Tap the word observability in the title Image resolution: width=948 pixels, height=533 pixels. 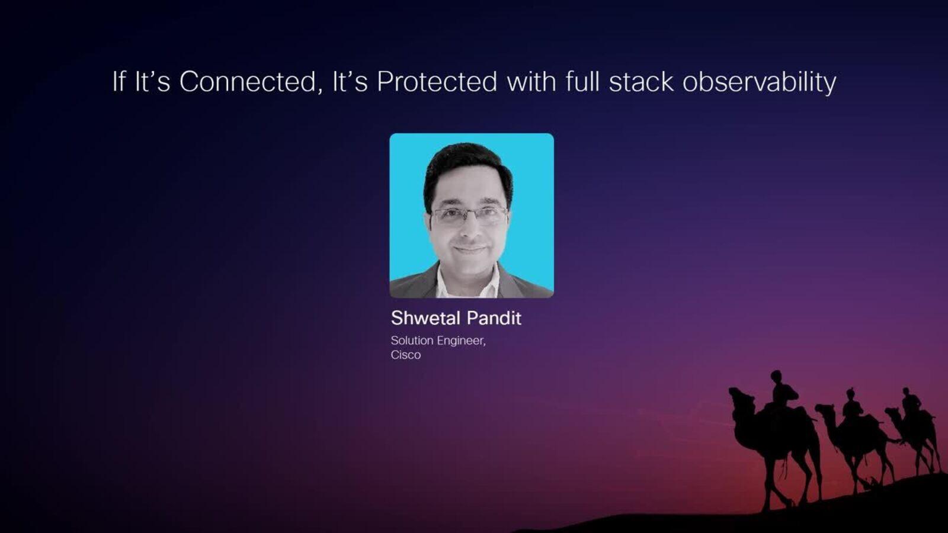point(759,82)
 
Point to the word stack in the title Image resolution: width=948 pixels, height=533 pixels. point(641,82)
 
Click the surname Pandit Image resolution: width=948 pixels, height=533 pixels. point(494,317)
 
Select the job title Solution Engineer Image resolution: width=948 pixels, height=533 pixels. point(438,341)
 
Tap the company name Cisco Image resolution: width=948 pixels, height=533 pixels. point(405,355)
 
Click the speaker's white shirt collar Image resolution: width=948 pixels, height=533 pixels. point(467,281)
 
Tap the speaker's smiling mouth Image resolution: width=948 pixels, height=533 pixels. point(469,249)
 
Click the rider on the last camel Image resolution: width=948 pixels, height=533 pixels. point(911,402)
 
